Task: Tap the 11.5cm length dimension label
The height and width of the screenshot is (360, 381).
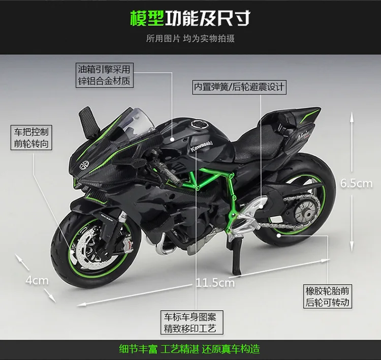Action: pyautogui.click(x=215, y=282)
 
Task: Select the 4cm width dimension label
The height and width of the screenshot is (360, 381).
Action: pyautogui.click(x=37, y=280)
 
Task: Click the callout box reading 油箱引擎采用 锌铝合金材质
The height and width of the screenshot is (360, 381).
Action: pyautogui.click(x=104, y=74)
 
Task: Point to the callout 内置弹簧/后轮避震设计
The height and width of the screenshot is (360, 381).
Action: pyautogui.click(x=239, y=87)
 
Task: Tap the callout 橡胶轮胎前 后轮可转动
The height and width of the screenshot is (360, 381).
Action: pyautogui.click(x=328, y=296)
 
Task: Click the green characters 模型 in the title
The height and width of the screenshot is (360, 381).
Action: pyautogui.click(x=147, y=18)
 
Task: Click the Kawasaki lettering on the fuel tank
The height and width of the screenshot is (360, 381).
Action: pyautogui.click(x=204, y=144)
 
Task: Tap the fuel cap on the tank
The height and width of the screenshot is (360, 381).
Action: pyautogui.click(x=197, y=126)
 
